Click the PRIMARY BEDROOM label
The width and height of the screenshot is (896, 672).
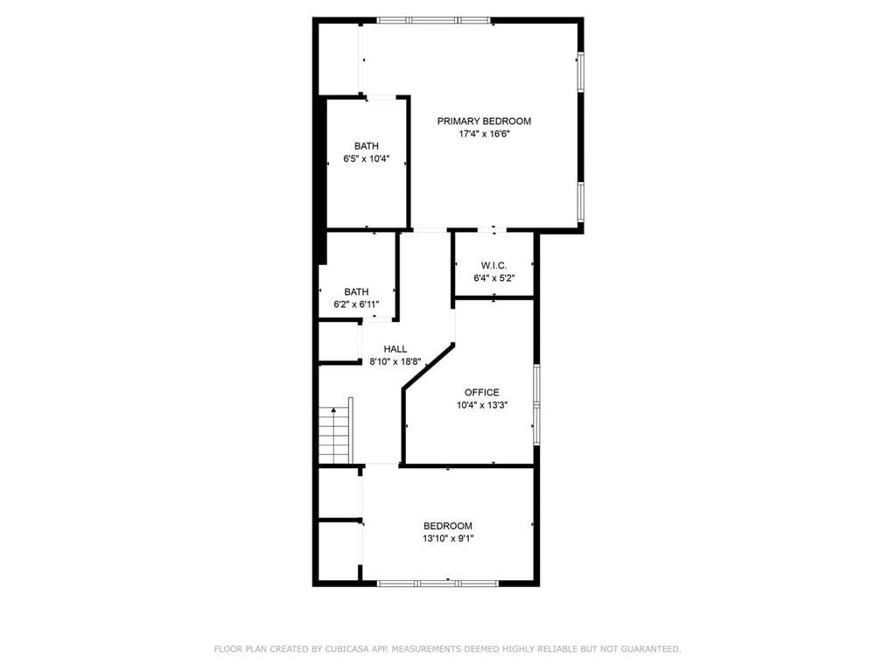coord(484,122)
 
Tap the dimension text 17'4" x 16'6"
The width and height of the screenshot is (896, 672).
coord(484,135)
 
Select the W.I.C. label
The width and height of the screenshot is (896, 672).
coord(493,266)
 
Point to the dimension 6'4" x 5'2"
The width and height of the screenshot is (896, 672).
coord(493,278)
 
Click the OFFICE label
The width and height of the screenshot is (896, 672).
coord(481,393)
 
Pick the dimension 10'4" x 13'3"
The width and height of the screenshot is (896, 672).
coord(482,405)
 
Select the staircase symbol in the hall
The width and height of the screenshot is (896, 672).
coord(334,435)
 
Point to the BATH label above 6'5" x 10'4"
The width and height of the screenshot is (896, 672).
coord(367,146)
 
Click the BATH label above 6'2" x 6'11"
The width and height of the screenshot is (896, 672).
coord(356,292)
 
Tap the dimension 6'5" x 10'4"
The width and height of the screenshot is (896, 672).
coord(367,159)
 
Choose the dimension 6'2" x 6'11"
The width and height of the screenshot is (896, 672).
coord(356,304)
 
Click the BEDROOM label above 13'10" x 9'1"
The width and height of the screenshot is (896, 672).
coord(447,526)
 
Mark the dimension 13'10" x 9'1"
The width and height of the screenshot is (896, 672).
coord(447,538)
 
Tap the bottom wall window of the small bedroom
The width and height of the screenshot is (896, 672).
coord(437,583)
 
